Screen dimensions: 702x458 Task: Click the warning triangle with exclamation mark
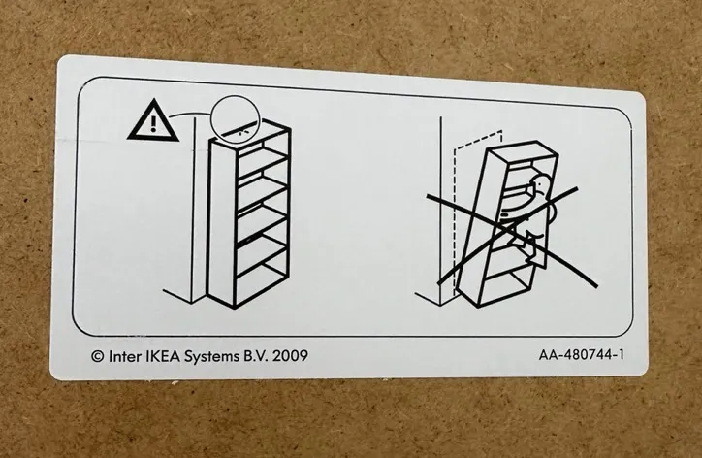153,121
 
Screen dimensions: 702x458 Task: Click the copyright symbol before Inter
98,357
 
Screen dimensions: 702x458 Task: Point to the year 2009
290,356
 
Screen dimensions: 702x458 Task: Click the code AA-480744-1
581,355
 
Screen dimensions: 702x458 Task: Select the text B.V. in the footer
256,356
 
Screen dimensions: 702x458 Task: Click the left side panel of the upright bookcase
222,224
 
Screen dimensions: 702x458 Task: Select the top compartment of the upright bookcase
262,147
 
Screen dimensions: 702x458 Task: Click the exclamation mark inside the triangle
153,123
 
